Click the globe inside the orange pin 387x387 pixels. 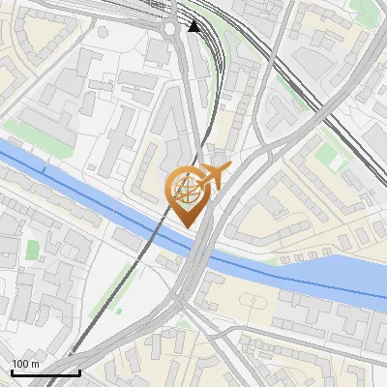186,191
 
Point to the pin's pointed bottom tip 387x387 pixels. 187,226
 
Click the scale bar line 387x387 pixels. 45,372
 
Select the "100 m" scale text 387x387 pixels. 25,364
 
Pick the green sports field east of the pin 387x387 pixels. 332,155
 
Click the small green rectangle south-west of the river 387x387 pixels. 33,250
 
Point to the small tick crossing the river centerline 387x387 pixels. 43,170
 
